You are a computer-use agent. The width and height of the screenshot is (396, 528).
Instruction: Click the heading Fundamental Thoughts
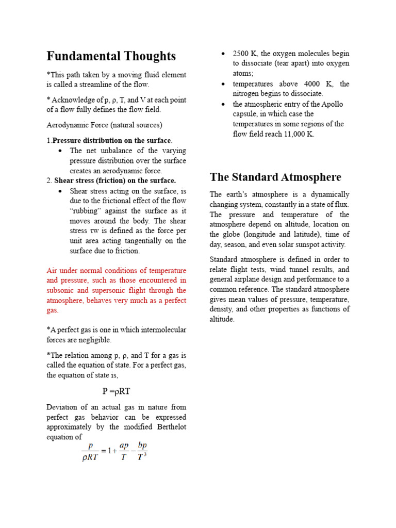pos(111,56)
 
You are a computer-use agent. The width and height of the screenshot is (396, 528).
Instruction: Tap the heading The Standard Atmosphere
pos(275,177)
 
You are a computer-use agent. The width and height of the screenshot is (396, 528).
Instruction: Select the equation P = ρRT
pos(116,392)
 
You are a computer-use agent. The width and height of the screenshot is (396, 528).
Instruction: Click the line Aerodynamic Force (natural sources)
pos(104,125)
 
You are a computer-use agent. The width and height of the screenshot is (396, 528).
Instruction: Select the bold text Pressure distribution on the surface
pos(111,141)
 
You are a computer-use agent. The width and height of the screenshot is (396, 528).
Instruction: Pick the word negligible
pos(93,340)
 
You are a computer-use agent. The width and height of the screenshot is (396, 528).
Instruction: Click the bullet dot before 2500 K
pos(223,54)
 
